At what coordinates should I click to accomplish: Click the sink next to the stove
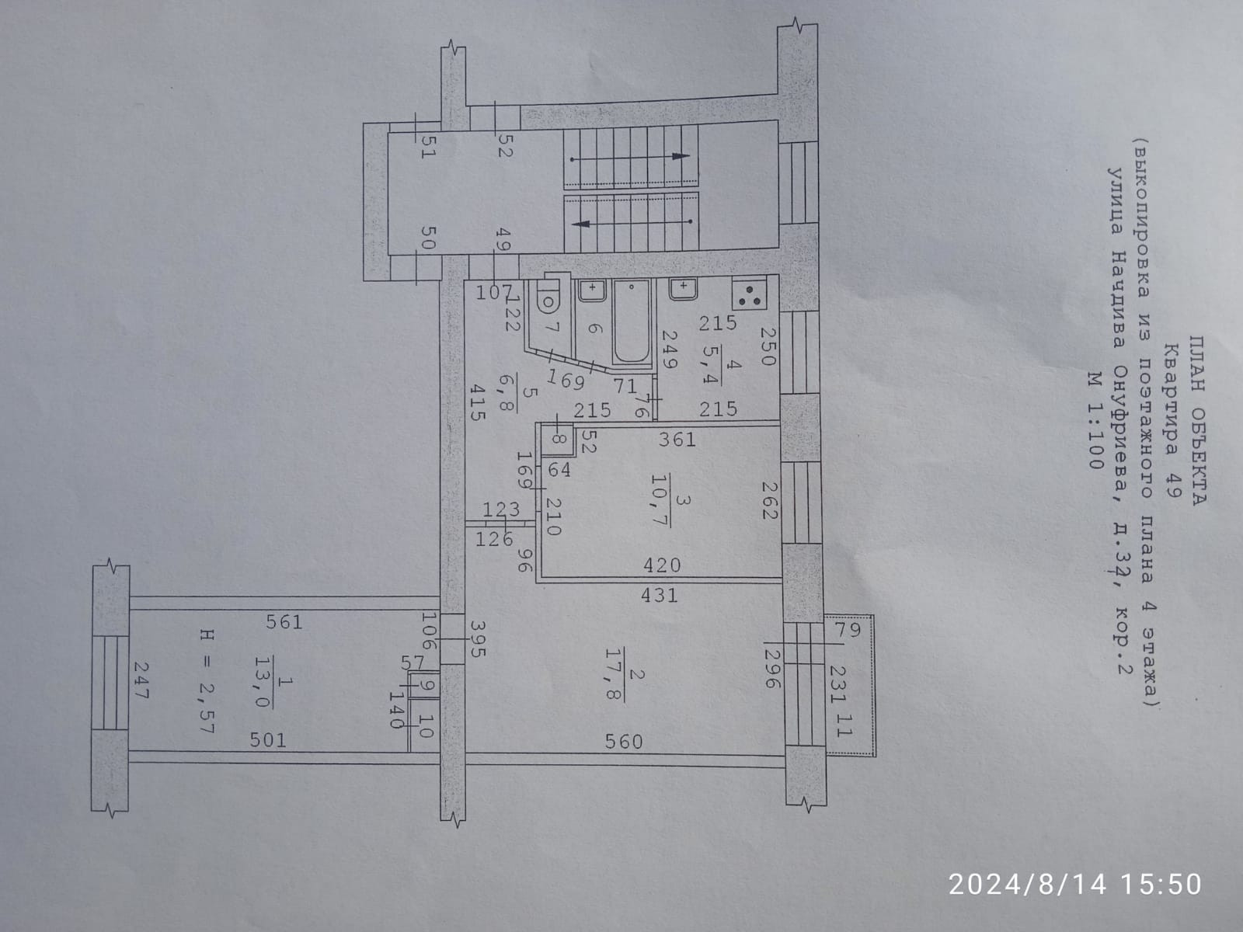(x=682, y=289)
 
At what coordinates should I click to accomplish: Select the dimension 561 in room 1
(x=284, y=621)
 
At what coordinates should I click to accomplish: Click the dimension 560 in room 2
(x=624, y=742)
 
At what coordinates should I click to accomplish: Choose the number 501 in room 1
(x=267, y=740)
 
